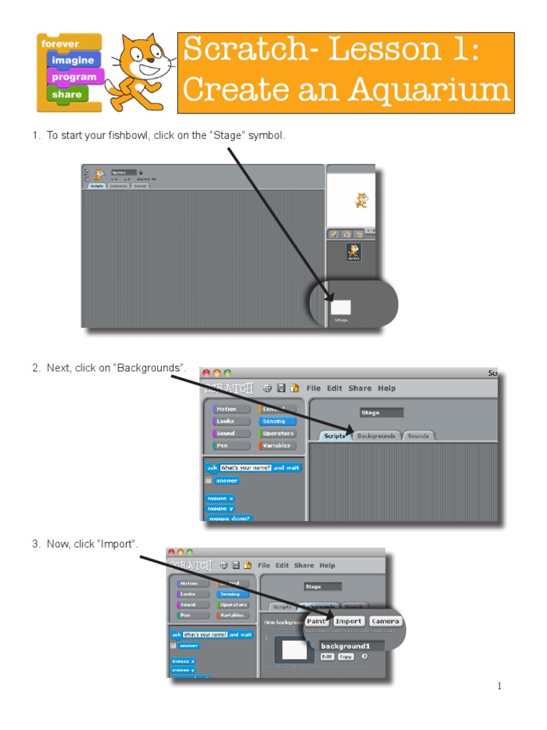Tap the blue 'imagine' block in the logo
tap(72, 61)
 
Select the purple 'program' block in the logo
tap(74, 77)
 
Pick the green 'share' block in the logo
tap(66, 94)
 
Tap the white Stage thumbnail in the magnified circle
tap(341, 307)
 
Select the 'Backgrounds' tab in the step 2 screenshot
tap(376, 436)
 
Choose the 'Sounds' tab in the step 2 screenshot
tap(418, 436)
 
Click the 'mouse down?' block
tap(229, 518)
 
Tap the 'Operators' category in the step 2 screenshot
tap(277, 433)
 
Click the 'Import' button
tap(349, 621)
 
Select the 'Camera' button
tap(385, 621)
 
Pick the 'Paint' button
tap(316, 621)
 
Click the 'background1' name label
tap(345, 646)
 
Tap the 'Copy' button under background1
tap(345, 657)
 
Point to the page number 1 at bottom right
tap(499, 687)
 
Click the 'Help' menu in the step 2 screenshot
tap(387, 389)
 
